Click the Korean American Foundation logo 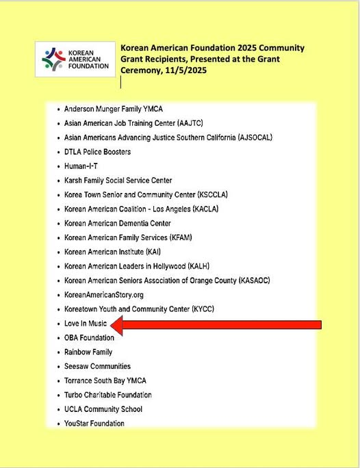point(75,59)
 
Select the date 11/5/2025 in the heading point(183,70)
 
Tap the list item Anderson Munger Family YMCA point(113,109)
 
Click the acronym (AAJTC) point(197,123)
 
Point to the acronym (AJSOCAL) point(255,138)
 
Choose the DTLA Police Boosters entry point(97,152)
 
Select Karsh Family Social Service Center point(118,181)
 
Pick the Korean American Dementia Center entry point(117,224)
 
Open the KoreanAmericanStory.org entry point(104,295)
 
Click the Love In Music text point(86,324)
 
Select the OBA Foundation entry point(89,338)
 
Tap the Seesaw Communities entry point(97,367)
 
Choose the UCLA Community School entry point(103,409)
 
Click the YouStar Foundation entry point(94,424)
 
